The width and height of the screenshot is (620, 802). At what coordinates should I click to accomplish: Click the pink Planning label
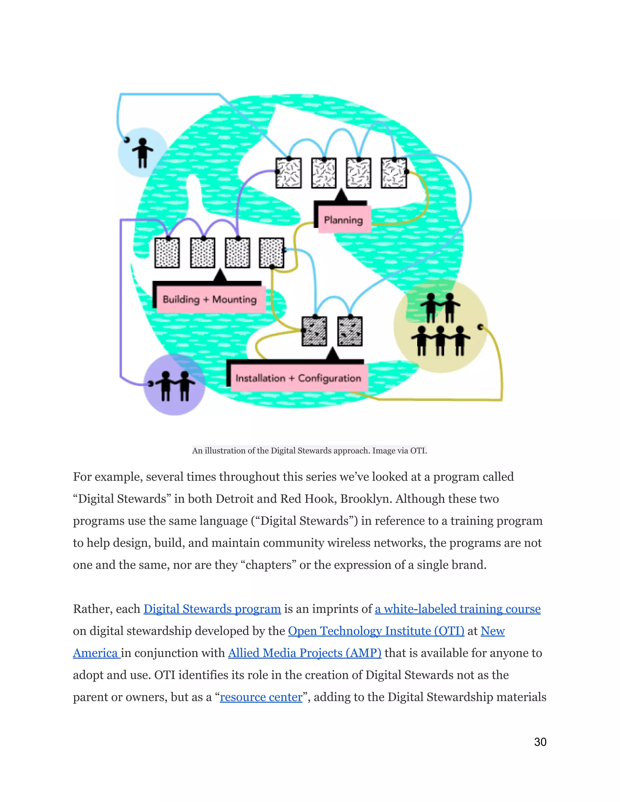click(343, 220)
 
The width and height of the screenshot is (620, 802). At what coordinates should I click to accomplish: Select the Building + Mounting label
click(210, 299)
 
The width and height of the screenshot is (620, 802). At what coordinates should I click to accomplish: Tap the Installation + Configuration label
click(298, 378)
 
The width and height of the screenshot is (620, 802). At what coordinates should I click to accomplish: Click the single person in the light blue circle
click(143, 153)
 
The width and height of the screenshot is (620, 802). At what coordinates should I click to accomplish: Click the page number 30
click(540, 742)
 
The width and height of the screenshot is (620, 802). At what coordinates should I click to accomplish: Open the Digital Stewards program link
click(212, 609)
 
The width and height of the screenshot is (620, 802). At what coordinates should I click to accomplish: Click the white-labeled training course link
click(457, 609)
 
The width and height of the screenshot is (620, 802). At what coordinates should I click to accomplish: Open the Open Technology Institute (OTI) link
click(376, 631)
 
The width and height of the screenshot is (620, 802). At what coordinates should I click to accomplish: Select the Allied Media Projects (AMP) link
click(305, 653)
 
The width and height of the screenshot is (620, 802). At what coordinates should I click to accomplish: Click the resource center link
click(261, 697)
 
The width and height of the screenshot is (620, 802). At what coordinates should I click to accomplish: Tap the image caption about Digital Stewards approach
click(309, 451)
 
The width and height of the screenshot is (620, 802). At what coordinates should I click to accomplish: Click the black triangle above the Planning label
click(341, 196)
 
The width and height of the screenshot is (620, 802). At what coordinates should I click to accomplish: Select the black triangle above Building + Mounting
click(220, 275)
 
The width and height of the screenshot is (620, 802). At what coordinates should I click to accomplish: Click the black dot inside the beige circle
click(480, 327)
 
